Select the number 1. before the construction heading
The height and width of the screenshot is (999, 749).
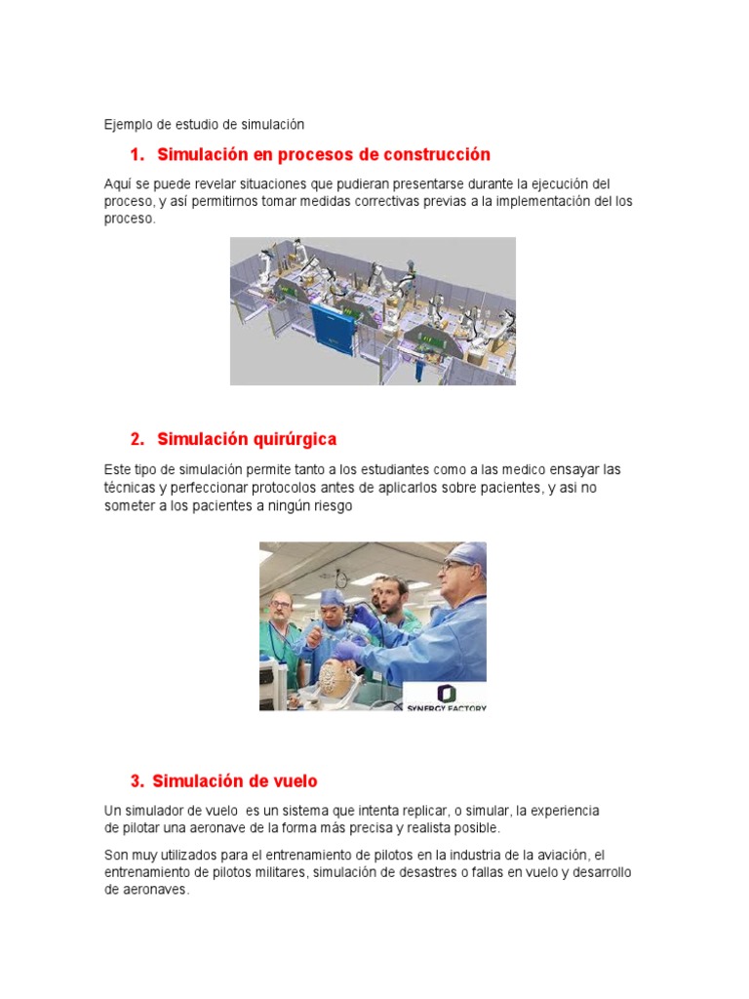click(x=137, y=155)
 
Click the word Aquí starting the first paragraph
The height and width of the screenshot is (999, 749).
click(x=118, y=184)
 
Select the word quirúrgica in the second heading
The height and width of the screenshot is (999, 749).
click(x=295, y=439)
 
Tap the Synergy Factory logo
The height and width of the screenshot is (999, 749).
click(x=446, y=697)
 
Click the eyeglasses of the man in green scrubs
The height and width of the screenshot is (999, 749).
click(x=280, y=603)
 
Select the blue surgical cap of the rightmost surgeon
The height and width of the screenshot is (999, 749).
click(x=468, y=553)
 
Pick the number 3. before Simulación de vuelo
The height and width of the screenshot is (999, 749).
click(x=137, y=781)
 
